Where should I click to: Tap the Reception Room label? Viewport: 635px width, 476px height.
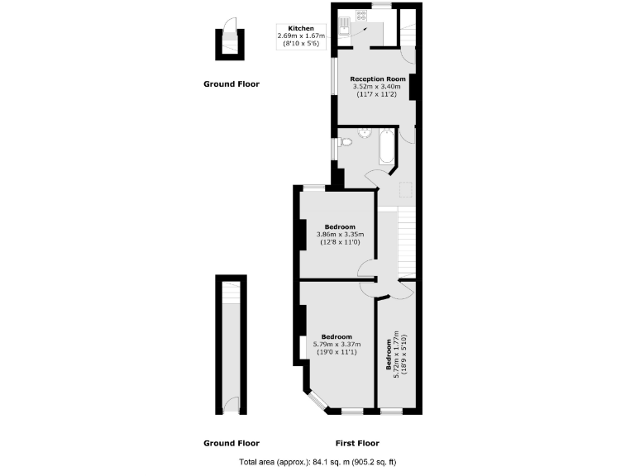pyautogui.click(x=376, y=79)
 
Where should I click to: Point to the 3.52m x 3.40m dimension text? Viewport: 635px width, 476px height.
pyautogui.click(x=376, y=87)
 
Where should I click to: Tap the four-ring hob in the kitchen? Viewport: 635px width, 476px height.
pyautogui.click(x=361, y=15)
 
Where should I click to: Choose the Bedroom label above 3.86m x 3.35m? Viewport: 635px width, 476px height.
pyautogui.click(x=340, y=227)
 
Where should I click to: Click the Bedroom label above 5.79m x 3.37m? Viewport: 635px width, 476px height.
pyautogui.click(x=337, y=337)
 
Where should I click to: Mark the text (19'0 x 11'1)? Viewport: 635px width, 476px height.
pyautogui.click(x=337, y=353)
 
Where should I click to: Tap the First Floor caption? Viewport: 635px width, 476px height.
pyautogui.click(x=356, y=442)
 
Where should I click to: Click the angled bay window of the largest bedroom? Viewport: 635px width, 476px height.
pyautogui.click(x=316, y=401)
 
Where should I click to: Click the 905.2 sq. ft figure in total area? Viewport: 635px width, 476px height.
pyautogui.click(x=383, y=462)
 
